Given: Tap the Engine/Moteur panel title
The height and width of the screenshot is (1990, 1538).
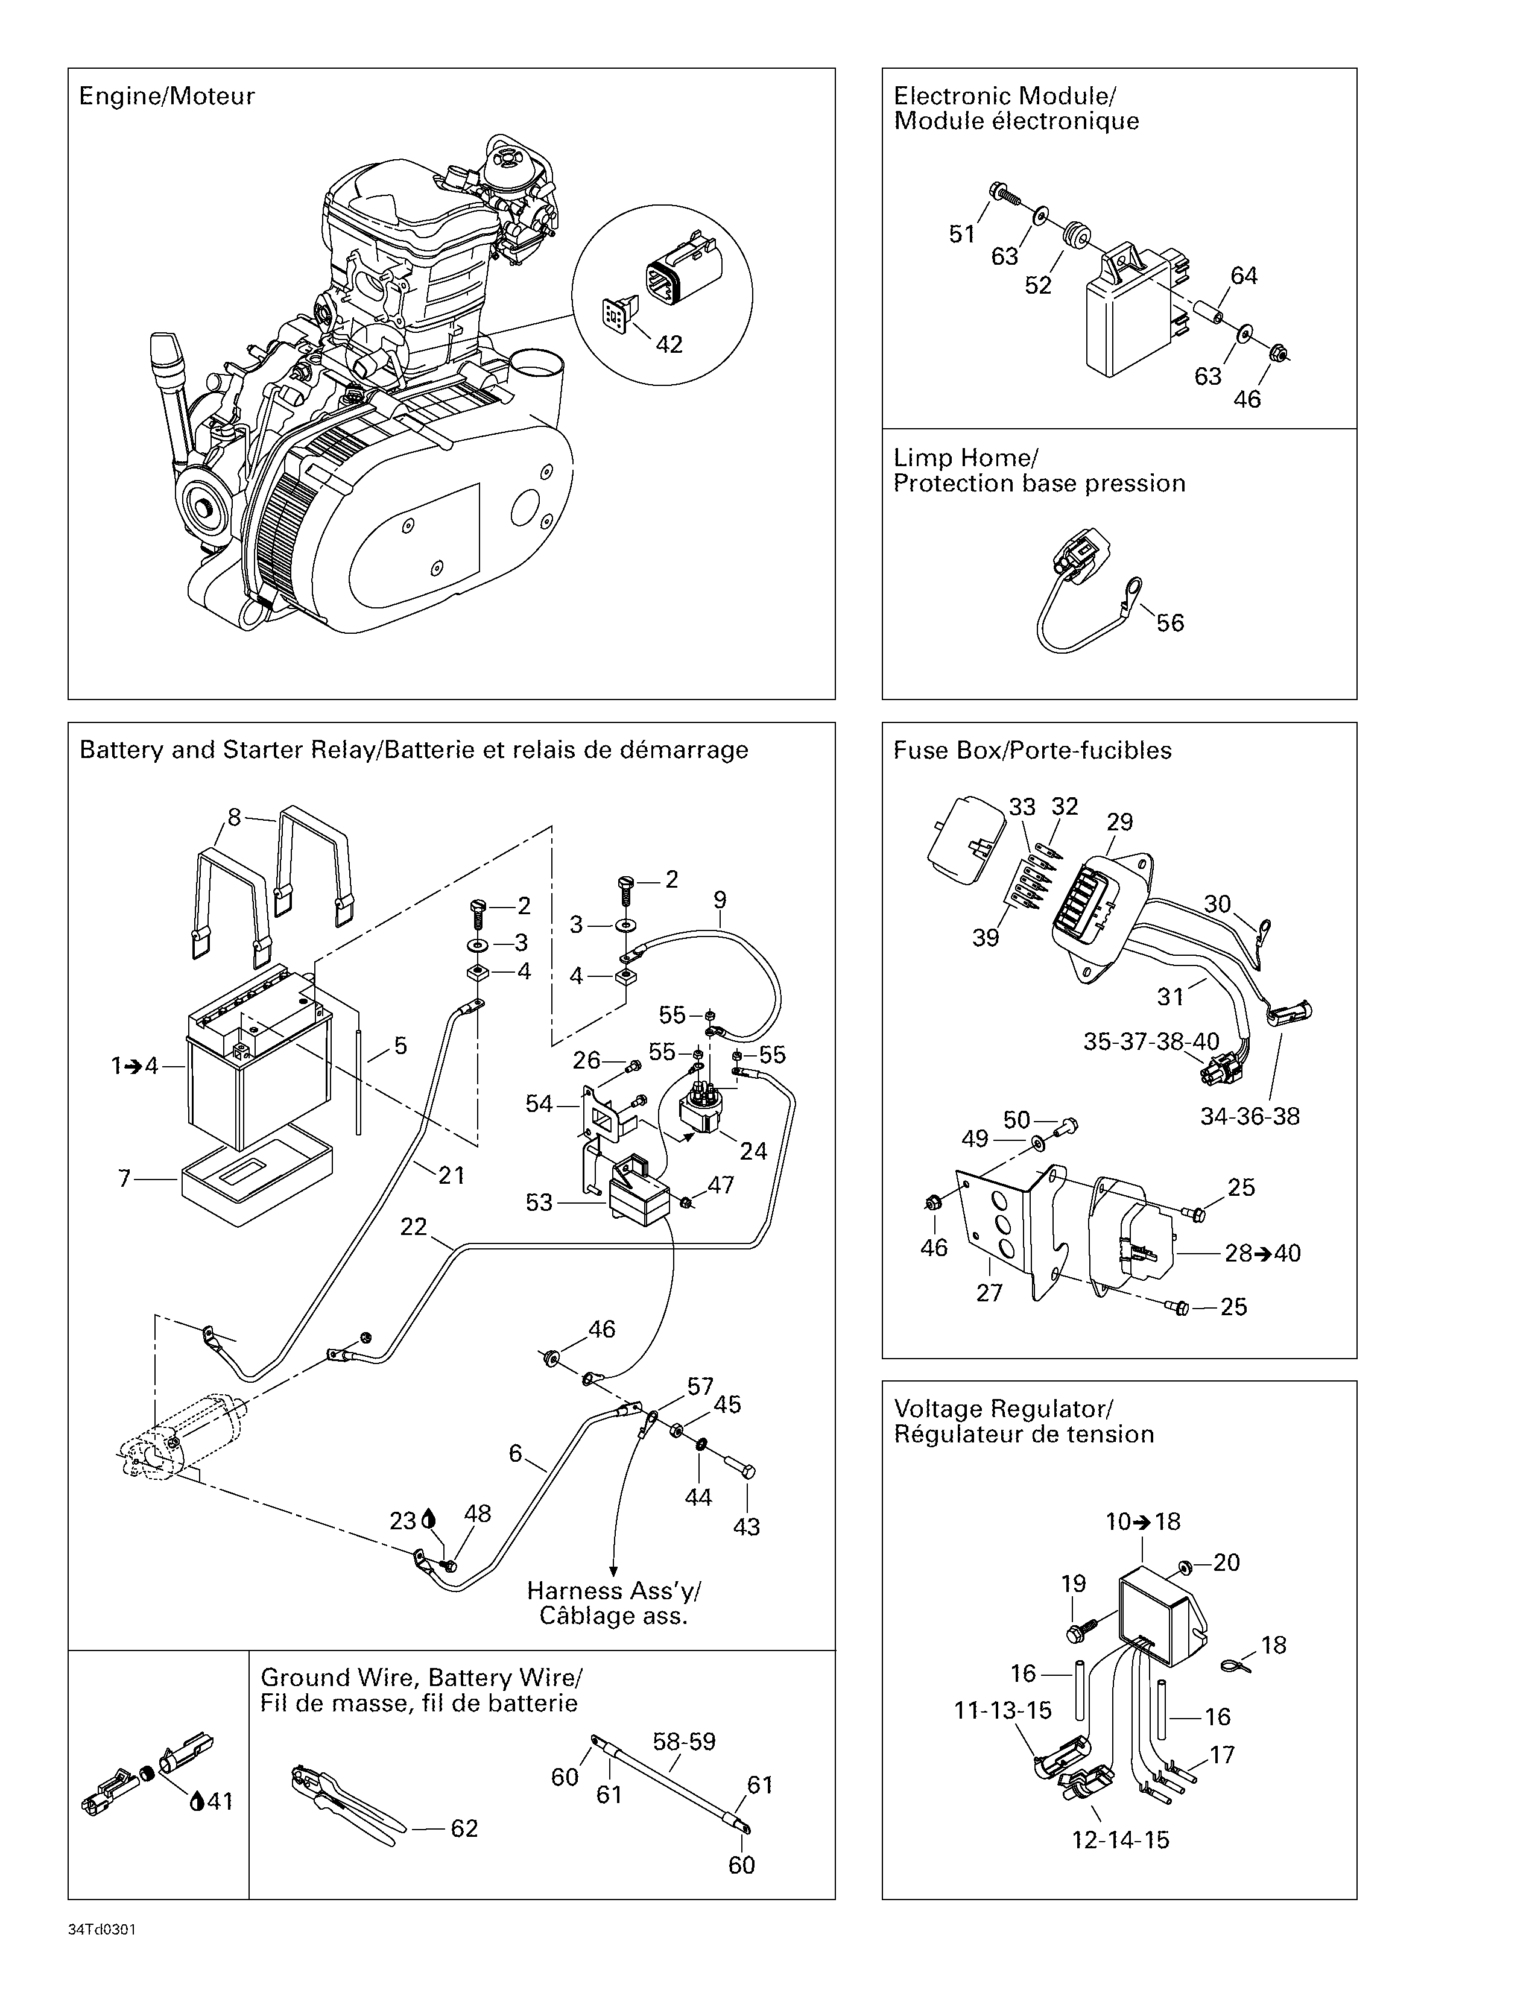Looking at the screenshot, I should [166, 96].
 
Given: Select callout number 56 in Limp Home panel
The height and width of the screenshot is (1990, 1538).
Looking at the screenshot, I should [1170, 624].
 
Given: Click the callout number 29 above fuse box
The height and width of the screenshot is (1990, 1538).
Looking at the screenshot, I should [1120, 822].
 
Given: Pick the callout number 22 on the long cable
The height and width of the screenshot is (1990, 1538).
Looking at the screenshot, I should [414, 1227].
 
